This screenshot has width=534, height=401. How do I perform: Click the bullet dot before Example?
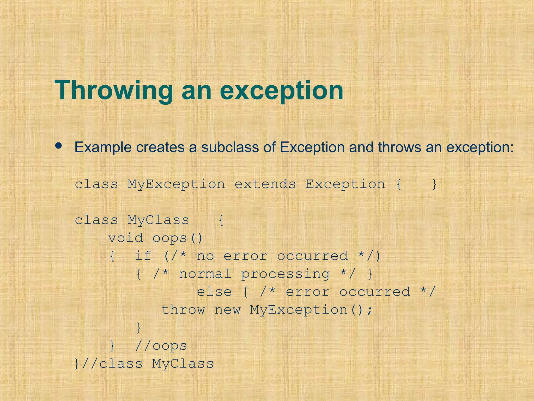click(x=59, y=146)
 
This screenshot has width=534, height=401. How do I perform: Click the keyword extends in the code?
click(x=265, y=184)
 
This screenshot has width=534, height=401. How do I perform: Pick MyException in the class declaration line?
click(x=176, y=184)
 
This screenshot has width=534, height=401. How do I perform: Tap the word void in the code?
click(x=126, y=238)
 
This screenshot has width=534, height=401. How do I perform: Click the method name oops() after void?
click(x=177, y=238)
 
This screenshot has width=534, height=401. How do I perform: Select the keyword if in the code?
click(x=143, y=256)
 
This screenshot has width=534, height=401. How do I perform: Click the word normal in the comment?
click(x=205, y=274)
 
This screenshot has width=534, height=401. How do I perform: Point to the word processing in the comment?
click(x=285, y=274)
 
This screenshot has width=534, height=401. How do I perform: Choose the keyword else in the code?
click(x=214, y=292)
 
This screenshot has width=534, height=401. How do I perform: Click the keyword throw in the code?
click(x=183, y=310)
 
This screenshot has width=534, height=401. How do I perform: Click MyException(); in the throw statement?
click(x=311, y=310)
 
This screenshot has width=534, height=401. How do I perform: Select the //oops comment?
click(x=161, y=346)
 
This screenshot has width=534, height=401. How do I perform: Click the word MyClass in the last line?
click(x=183, y=364)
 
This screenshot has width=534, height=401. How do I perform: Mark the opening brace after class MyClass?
click(x=221, y=220)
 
